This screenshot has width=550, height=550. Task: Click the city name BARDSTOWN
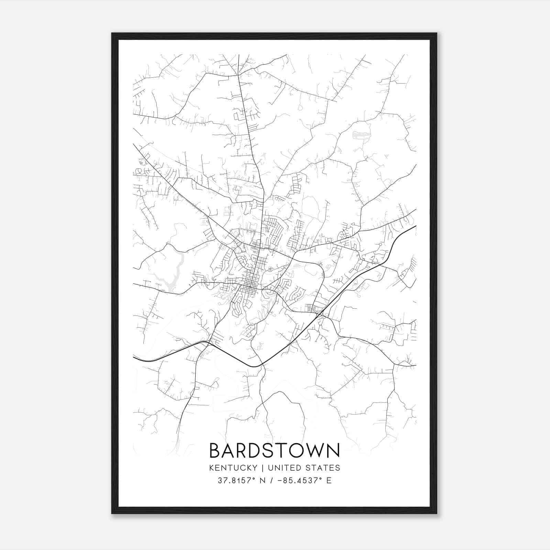(x=274, y=451)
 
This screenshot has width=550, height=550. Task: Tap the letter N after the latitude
(x=264, y=481)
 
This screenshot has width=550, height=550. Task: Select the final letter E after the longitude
(x=329, y=481)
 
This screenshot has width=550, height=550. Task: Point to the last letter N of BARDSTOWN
(x=333, y=451)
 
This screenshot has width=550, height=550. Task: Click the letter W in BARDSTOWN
(x=316, y=451)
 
